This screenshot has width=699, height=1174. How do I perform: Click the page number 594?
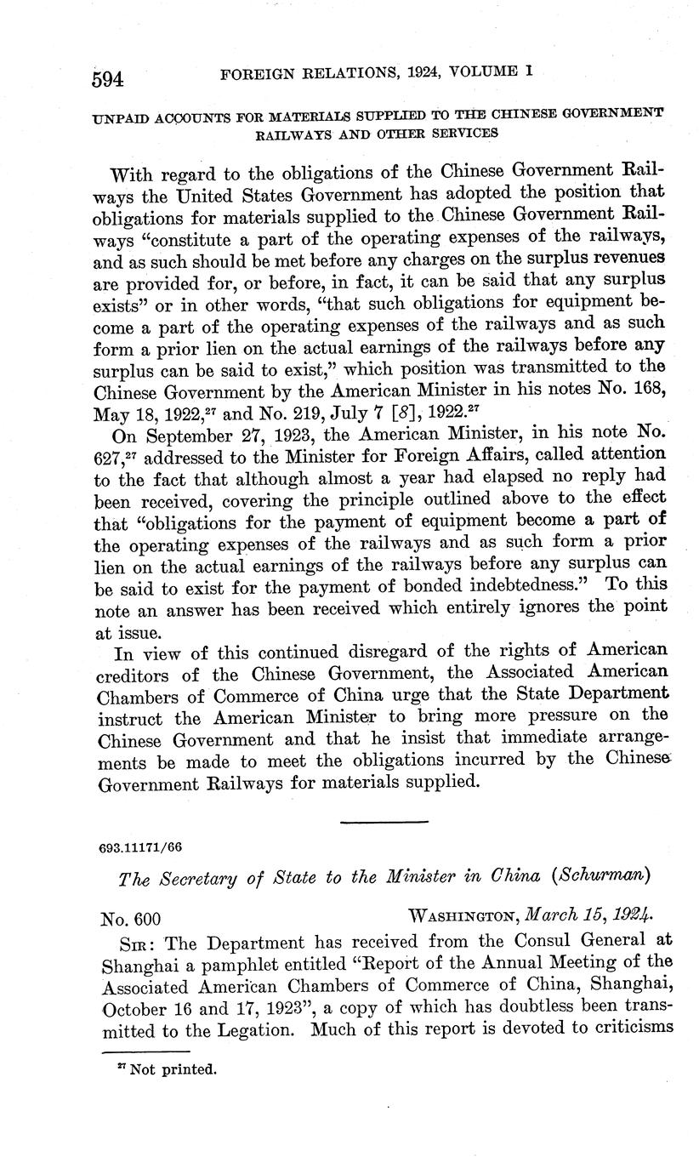point(108,78)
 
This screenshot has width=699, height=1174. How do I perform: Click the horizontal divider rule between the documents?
point(383,822)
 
